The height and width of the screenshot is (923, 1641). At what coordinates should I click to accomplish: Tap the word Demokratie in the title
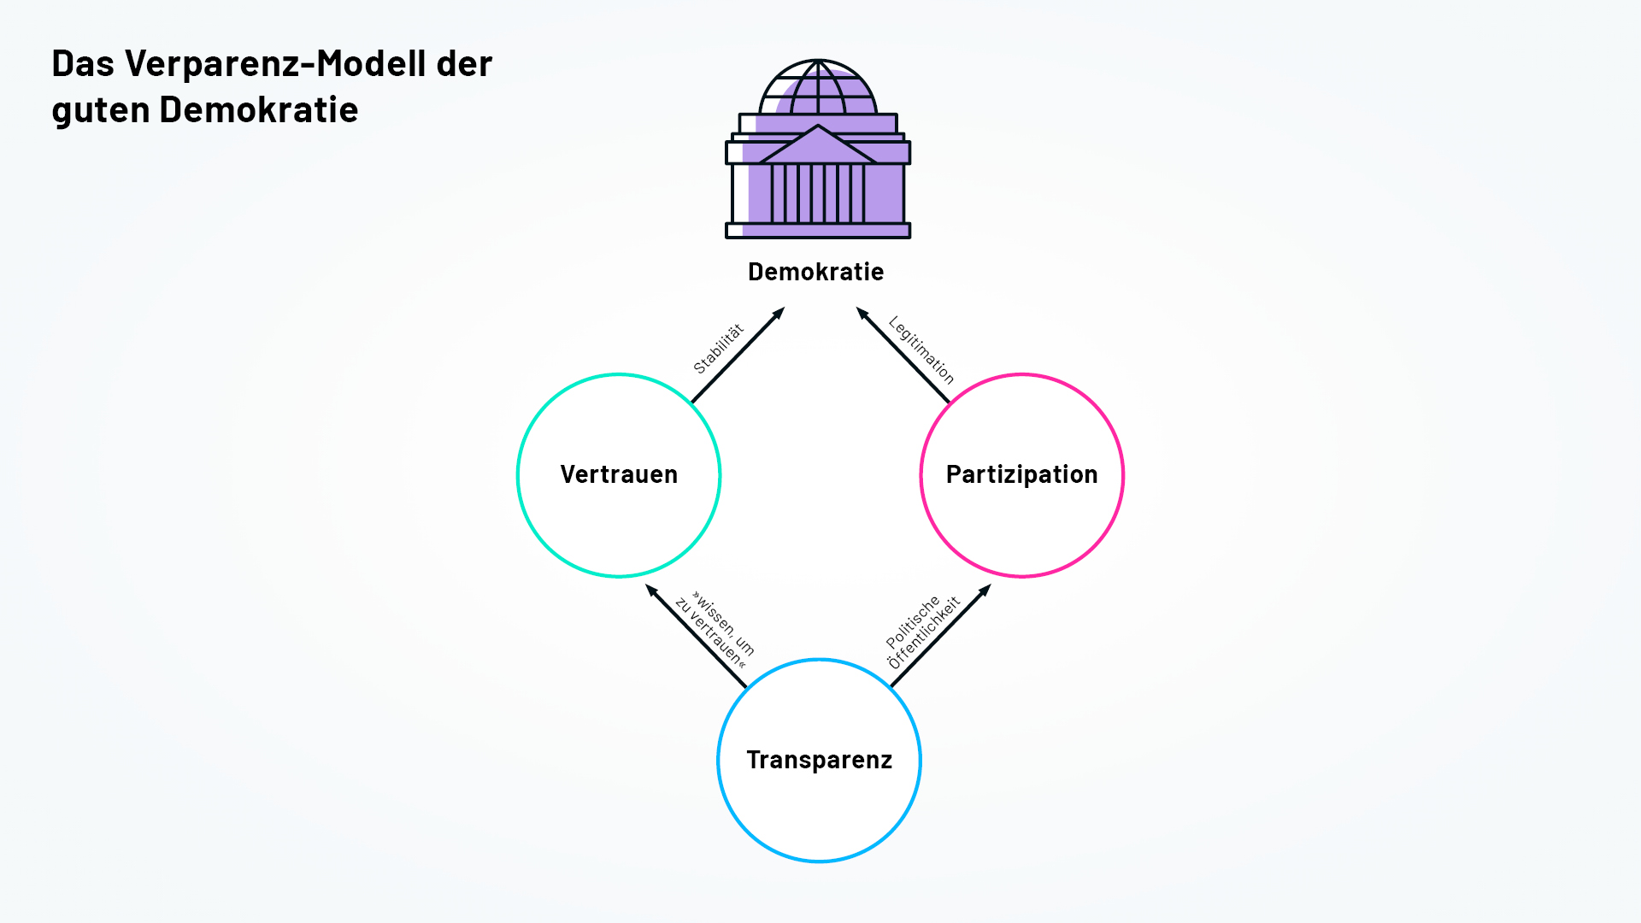point(258,110)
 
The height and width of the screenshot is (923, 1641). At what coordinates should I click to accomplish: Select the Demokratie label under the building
point(815,272)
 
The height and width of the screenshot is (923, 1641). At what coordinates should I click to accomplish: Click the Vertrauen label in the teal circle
point(619,474)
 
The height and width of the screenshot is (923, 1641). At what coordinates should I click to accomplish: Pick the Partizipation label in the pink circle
point(1021,474)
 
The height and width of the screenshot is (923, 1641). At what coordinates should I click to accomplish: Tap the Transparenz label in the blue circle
point(819,760)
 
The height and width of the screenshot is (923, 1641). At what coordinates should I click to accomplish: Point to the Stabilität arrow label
point(718,349)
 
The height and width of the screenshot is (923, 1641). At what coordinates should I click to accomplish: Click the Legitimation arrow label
point(921,350)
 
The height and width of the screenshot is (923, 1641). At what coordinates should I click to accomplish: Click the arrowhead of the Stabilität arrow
point(779,313)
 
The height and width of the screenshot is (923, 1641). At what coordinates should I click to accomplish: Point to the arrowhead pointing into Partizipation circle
point(985,590)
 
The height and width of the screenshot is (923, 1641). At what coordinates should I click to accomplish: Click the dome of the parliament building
point(818,87)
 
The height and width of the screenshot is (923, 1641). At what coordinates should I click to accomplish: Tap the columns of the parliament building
point(818,193)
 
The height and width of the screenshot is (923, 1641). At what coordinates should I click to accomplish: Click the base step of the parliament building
point(818,231)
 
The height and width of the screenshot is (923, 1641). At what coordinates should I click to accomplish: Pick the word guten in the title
point(101,110)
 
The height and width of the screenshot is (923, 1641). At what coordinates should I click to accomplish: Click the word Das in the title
point(83,64)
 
